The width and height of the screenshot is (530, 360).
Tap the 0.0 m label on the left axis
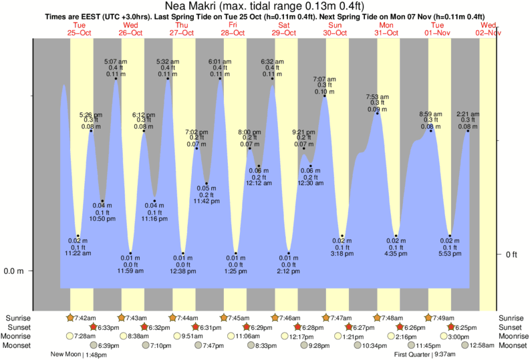tap(14, 271)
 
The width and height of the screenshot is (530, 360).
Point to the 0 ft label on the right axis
tap(512, 254)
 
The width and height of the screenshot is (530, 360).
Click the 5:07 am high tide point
tap(116, 79)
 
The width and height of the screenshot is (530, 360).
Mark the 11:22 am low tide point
tap(78, 236)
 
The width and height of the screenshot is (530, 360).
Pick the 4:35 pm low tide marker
tap(396, 236)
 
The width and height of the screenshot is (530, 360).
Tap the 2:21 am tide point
tap(468, 131)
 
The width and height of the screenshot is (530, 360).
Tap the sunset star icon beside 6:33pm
tap(93, 327)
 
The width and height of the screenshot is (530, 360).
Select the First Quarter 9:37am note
tap(425, 355)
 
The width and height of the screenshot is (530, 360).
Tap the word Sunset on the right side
tap(512, 327)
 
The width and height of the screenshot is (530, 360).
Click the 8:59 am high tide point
tap(431, 131)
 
